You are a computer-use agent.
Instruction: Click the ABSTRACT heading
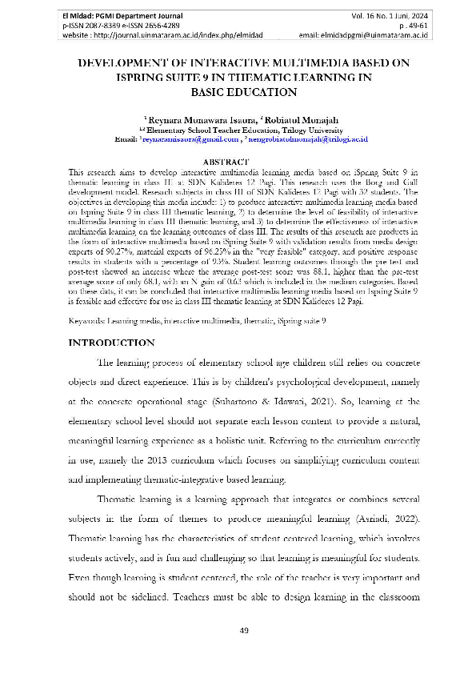pyautogui.click(x=237, y=162)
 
